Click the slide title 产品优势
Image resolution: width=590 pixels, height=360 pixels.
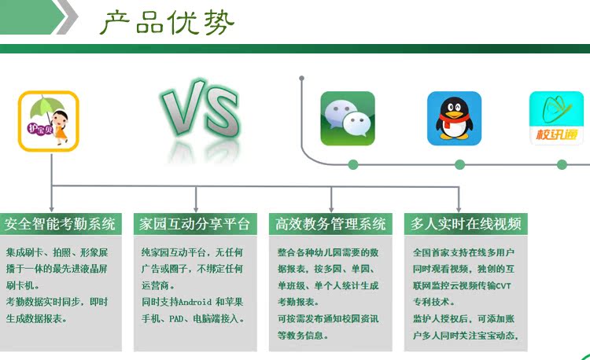coord(167,23)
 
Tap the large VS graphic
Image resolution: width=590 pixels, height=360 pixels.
coord(200,109)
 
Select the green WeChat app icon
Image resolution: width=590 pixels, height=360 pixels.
coord(348,119)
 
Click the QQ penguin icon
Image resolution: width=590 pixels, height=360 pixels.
coord(454,119)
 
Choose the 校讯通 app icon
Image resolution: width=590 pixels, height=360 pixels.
coord(556,119)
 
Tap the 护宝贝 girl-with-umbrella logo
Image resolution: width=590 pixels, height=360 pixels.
coord(49,121)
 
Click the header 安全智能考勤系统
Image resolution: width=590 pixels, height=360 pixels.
coord(61,224)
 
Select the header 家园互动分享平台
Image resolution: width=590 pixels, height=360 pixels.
coord(195,224)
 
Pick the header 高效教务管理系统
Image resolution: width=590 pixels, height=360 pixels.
coord(330,224)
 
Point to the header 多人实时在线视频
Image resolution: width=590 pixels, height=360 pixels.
coord(466,224)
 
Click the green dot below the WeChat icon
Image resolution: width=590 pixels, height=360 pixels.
coord(353,164)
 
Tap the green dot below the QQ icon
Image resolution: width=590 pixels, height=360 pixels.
coord(460,164)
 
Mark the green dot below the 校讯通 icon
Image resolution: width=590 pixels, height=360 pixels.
coord(562,164)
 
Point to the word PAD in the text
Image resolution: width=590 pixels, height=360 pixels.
coord(176,319)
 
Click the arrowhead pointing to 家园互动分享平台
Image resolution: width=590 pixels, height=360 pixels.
coord(196,209)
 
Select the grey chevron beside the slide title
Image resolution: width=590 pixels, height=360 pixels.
coord(68,17)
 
